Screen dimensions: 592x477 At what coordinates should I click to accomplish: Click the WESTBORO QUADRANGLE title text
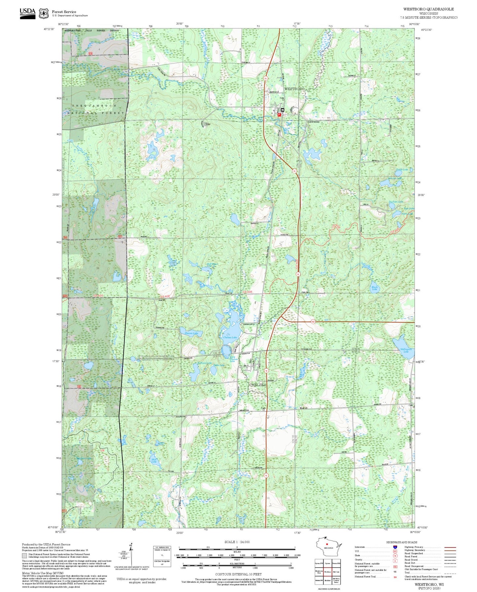click(x=428, y=9)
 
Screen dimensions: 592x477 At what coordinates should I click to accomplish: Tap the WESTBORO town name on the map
click(x=294, y=89)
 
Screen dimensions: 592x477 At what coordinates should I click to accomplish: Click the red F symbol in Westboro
click(x=279, y=115)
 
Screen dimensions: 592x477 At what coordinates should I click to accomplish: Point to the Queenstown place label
click(x=313, y=122)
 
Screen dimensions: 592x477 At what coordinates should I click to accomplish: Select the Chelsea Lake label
click(x=230, y=337)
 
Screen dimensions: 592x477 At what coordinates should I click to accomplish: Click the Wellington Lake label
click(x=406, y=350)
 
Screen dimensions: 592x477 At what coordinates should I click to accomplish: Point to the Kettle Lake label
click(x=402, y=170)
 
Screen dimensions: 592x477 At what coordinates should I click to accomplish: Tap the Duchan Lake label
click(x=395, y=202)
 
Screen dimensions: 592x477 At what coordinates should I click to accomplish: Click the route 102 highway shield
click(x=313, y=321)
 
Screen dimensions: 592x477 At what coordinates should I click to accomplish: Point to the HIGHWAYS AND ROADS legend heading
click(x=401, y=542)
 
